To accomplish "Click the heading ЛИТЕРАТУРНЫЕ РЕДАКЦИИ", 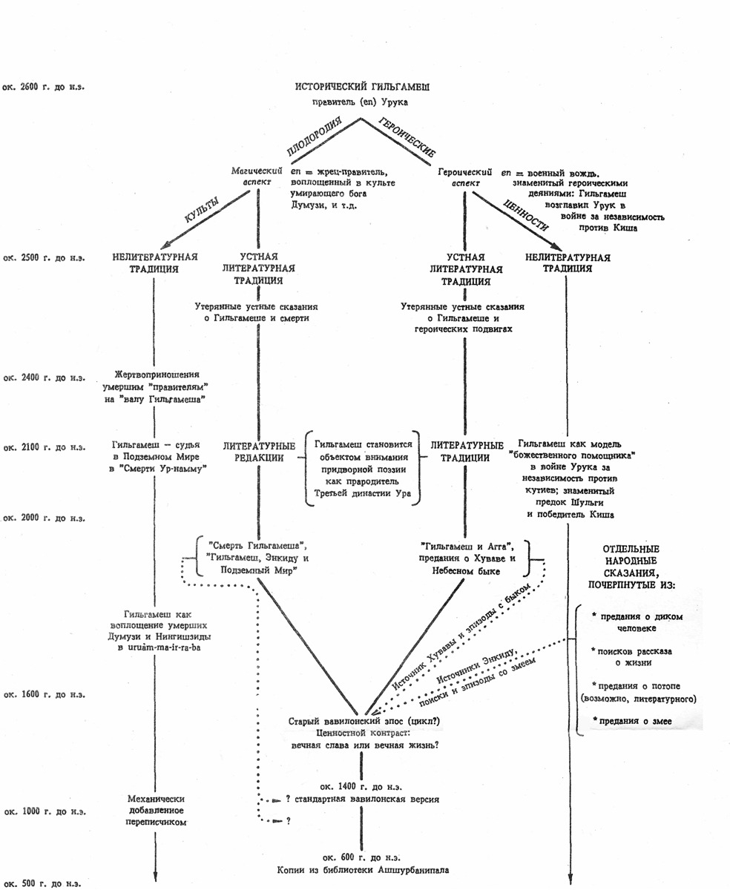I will pos(258,452).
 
